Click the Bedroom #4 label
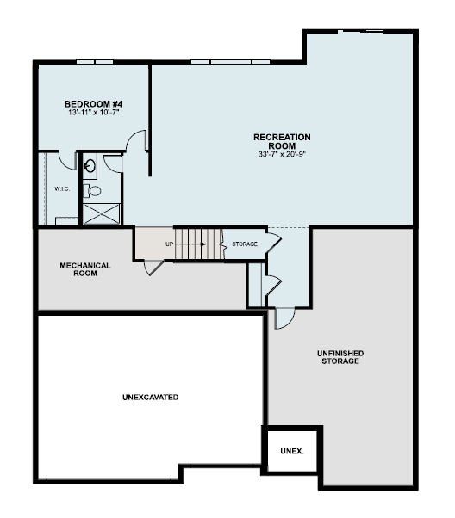click(x=93, y=104)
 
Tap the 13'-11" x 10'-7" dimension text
click(x=93, y=113)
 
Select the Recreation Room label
click(x=282, y=141)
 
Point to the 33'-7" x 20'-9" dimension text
click(x=282, y=154)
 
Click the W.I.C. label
click(x=62, y=189)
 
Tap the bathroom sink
click(x=90, y=166)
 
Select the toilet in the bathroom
click(x=92, y=191)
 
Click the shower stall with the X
click(x=102, y=214)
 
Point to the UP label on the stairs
click(x=170, y=244)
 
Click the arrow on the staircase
click(x=191, y=244)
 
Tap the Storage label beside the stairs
click(x=245, y=244)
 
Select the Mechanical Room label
click(x=85, y=269)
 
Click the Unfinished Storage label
click(x=340, y=357)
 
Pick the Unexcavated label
click(x=150, y=397)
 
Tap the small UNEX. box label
click(x=292, y=451)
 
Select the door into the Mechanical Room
click(x=154, y=268)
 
